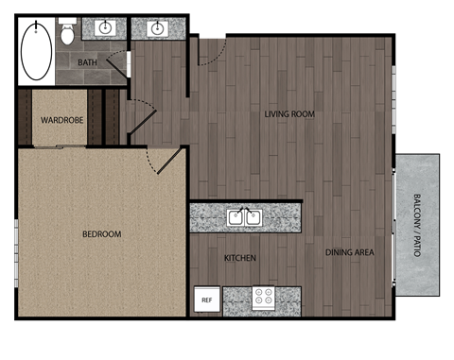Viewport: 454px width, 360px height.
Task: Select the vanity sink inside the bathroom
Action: pyautogui.click(x=105, y=26)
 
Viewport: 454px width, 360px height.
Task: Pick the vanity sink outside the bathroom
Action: pyautogui.click(x=156, y=26)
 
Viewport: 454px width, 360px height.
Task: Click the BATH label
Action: pyautogui.click(x=88, y=63)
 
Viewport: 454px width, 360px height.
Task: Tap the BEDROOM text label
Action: pyautogui.click(x=102, y=234)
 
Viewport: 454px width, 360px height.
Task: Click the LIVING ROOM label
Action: pyautogui.click(x=289, y=114)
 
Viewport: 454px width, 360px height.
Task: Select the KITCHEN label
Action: pyautogui.click(x=240, y=258)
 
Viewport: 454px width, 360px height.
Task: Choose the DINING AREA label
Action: pyautogui.click(x=350, y=252)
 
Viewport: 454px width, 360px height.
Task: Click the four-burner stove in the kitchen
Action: pyautogui.click(x=262, y=300)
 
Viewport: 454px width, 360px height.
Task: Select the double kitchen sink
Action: pyautogui.click(x=243, y=217)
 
